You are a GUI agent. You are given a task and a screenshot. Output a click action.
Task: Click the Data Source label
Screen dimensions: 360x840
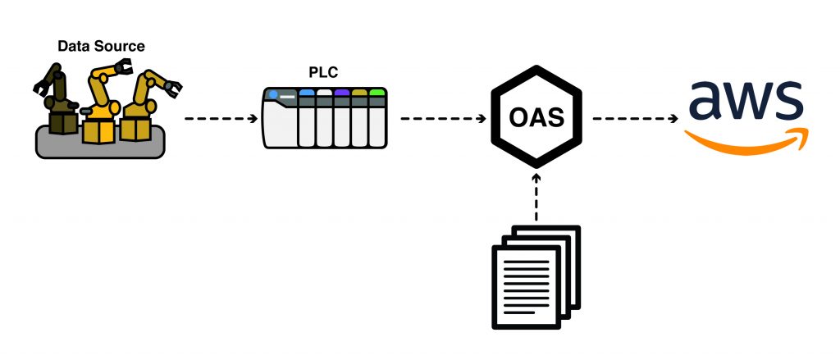[x=101, y=46]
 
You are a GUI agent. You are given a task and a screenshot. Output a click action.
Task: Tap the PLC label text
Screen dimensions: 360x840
[x=324, y=71]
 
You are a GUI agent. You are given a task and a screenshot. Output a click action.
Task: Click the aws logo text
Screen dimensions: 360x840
[x=745, y=102]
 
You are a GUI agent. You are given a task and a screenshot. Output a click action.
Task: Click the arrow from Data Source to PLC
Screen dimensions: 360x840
[x=221, y=119]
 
